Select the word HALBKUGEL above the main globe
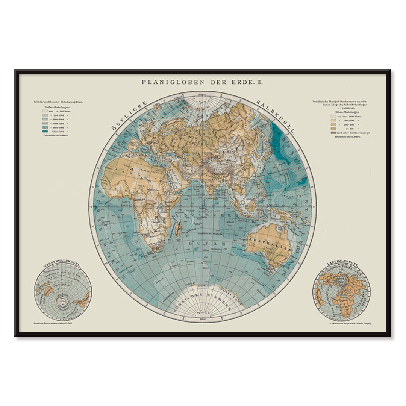click(276, 117)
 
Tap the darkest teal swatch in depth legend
click(47, 131)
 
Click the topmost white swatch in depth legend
click(47, 111)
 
